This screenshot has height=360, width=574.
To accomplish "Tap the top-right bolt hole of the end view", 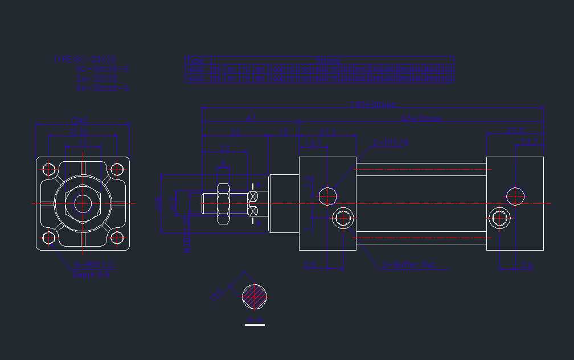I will click(117, 169).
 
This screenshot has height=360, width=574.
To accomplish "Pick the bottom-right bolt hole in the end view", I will click(117, 238).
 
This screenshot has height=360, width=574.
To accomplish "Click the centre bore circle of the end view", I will click(83, 203).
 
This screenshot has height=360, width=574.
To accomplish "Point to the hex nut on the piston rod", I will click(223, 203).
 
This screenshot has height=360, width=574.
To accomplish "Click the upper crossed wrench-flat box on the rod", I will click(253, 197).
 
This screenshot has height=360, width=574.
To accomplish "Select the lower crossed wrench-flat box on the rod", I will click(253, 211).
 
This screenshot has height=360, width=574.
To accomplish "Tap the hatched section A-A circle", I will click(255, 296).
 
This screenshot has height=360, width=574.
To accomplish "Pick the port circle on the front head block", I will click(327, 197).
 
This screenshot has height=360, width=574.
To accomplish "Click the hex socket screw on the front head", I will click(343, 218).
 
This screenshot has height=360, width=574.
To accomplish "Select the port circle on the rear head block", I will click(516, 197).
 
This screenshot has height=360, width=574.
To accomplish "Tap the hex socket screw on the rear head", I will click(500, 218).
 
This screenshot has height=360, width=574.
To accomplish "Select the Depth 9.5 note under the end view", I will click(91, 275).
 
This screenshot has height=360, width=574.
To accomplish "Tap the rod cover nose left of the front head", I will click(284, 203).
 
